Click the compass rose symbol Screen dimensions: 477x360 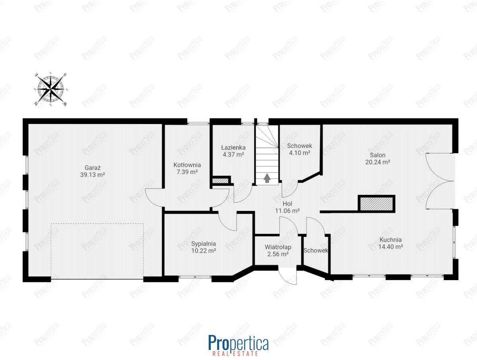pyautogui.click(x=50, y=89)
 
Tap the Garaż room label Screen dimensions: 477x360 pyautogui.click(x=93, y=168)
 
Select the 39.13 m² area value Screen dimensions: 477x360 pyautogui.click(x=93, y=175)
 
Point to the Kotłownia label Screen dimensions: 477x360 pyautogui.click(x=187, y=165)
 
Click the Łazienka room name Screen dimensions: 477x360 pyautogui.click(x=233, y=148)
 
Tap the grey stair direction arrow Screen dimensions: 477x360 pyautogui.click(x=267, y=178)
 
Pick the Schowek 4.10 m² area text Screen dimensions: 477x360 pyautogui.click(x=299, y=153)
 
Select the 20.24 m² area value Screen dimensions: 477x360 pyautogui.click(x=378, y=162)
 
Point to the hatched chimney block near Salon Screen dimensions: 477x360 pyautogui.click(x=376, y=203)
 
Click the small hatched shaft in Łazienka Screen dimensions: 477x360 pyautogui.click(x=220, y=181)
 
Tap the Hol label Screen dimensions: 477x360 pyautogui.click(x=287, y=204)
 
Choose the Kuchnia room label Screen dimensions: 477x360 pyautogui.click(x=390, y=240)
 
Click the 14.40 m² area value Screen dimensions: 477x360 pyautogui.click(x=390, y=247)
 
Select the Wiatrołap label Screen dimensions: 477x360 pyautogui.click(x=278, y=247)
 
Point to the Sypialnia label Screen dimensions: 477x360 pyautogui.click(x=204, y=244)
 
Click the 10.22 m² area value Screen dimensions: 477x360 pyautogui.click(x=204, y=251)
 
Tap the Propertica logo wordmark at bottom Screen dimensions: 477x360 pyautogui.click(x=238, y=343)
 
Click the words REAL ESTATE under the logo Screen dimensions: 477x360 pyautogui.click(x=235, y=354)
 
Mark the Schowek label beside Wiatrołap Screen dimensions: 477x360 pyautogui.click(x=316, y=250)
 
